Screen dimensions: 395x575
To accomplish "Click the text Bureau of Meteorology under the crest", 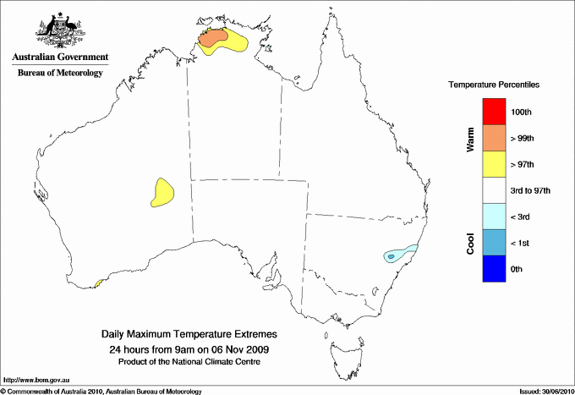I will point(60,74).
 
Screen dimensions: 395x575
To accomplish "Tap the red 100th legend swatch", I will point(492,112).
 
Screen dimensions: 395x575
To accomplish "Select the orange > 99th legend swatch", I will point(492,138).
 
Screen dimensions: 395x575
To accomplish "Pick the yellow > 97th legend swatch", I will point(492,164).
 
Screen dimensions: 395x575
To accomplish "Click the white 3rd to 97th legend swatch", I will point(492,190).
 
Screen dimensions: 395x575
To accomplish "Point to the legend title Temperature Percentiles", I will point(494,85).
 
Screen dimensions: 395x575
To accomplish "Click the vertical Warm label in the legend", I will point(470,139).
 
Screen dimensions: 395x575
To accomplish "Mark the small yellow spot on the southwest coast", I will point(98,283).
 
